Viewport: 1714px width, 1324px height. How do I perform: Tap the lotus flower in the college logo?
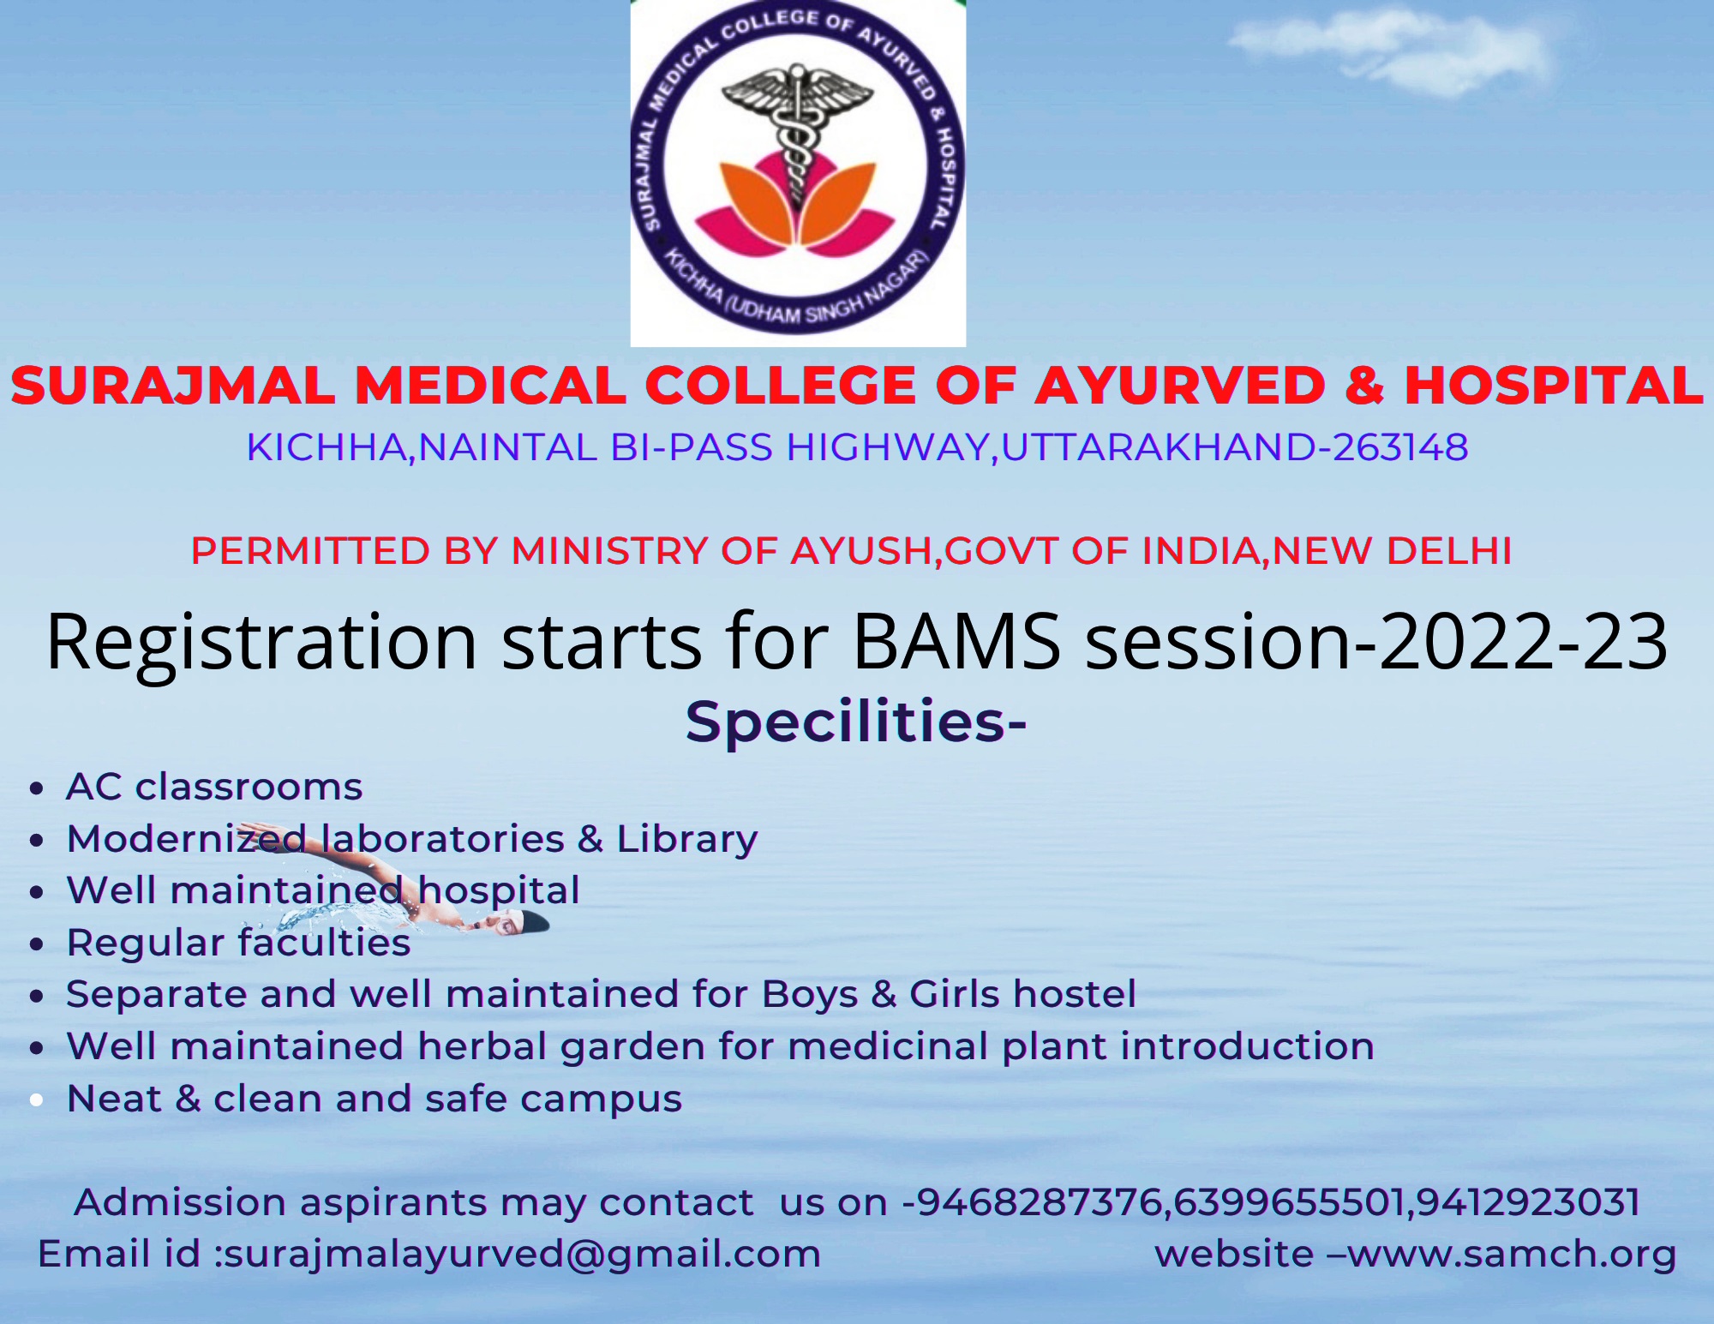[x=797, y=206]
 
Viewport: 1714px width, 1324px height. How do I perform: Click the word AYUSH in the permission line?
[x=861, y=551]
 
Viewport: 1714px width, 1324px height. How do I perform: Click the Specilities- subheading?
[x=855, y=722]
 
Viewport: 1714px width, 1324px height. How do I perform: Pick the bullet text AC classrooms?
[x=214, y=787]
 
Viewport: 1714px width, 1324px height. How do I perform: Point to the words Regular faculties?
[x=238, y=943]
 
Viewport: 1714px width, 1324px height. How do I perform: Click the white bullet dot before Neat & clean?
[x=36, y=1100]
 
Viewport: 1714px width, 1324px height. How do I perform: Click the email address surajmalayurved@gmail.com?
[x=521, y=1254]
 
